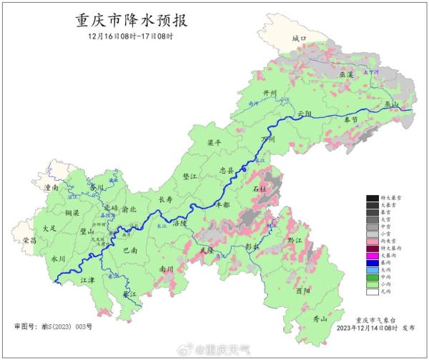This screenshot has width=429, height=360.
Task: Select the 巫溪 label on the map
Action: pos(346,74)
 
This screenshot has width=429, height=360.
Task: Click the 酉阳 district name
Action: pos(303,291)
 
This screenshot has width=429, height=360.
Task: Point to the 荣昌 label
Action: pos(29,240)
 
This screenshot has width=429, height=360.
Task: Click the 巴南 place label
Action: pos(131,251)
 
